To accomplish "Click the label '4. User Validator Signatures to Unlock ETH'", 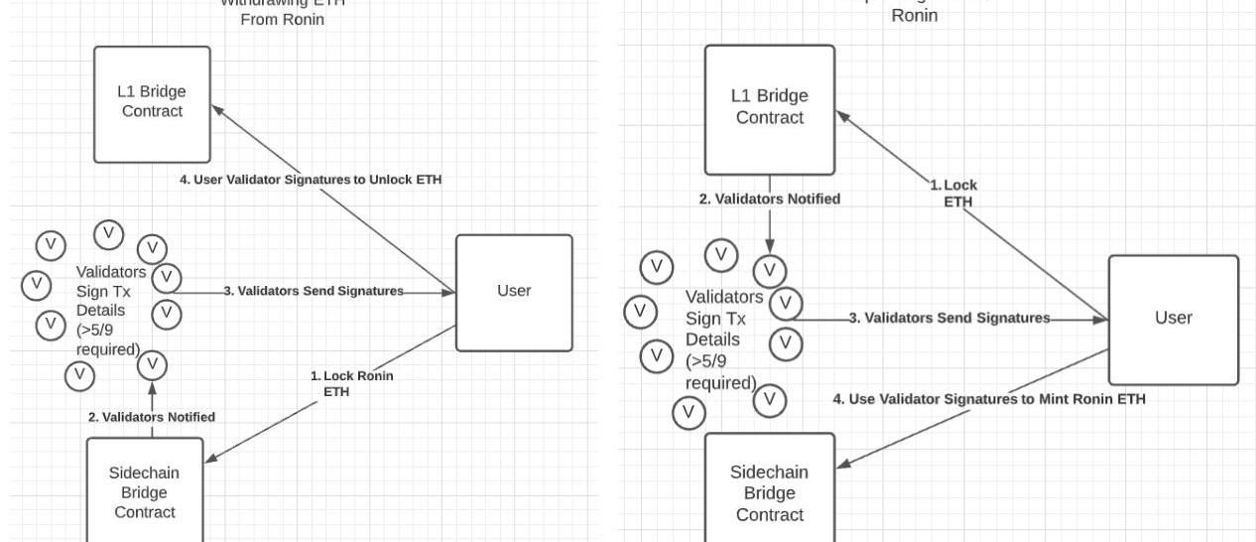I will tap(308, 180).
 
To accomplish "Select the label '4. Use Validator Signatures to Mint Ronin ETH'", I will tap(988, 399).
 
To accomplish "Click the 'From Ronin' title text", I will tap(283, 19).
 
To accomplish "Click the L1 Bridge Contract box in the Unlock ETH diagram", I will tap(152, 103).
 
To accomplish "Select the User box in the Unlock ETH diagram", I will tap(514, 292).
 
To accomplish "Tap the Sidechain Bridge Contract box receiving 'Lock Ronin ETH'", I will tap(145, 491).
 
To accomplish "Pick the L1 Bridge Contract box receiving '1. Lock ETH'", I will tap(770, 108).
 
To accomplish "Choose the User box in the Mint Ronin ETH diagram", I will tap(1173, 319).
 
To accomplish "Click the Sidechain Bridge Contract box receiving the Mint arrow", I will tap(770, 492).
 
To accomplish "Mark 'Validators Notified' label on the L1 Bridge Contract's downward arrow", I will tap(770, 199).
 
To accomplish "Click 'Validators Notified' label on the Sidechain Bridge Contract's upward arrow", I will tap(152, 417).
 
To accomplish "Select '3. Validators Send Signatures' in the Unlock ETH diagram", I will tap(313, 291).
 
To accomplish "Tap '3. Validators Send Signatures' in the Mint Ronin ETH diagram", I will tap(949, 318).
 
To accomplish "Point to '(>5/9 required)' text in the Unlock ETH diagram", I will tap(108, 339).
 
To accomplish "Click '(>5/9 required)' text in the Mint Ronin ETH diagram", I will tap(721, 372).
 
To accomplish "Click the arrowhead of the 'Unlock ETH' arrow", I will tap(216, 109).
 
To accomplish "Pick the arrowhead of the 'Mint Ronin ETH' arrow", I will tap(842, 465).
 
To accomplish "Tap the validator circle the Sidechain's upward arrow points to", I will tap(152, 365).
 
